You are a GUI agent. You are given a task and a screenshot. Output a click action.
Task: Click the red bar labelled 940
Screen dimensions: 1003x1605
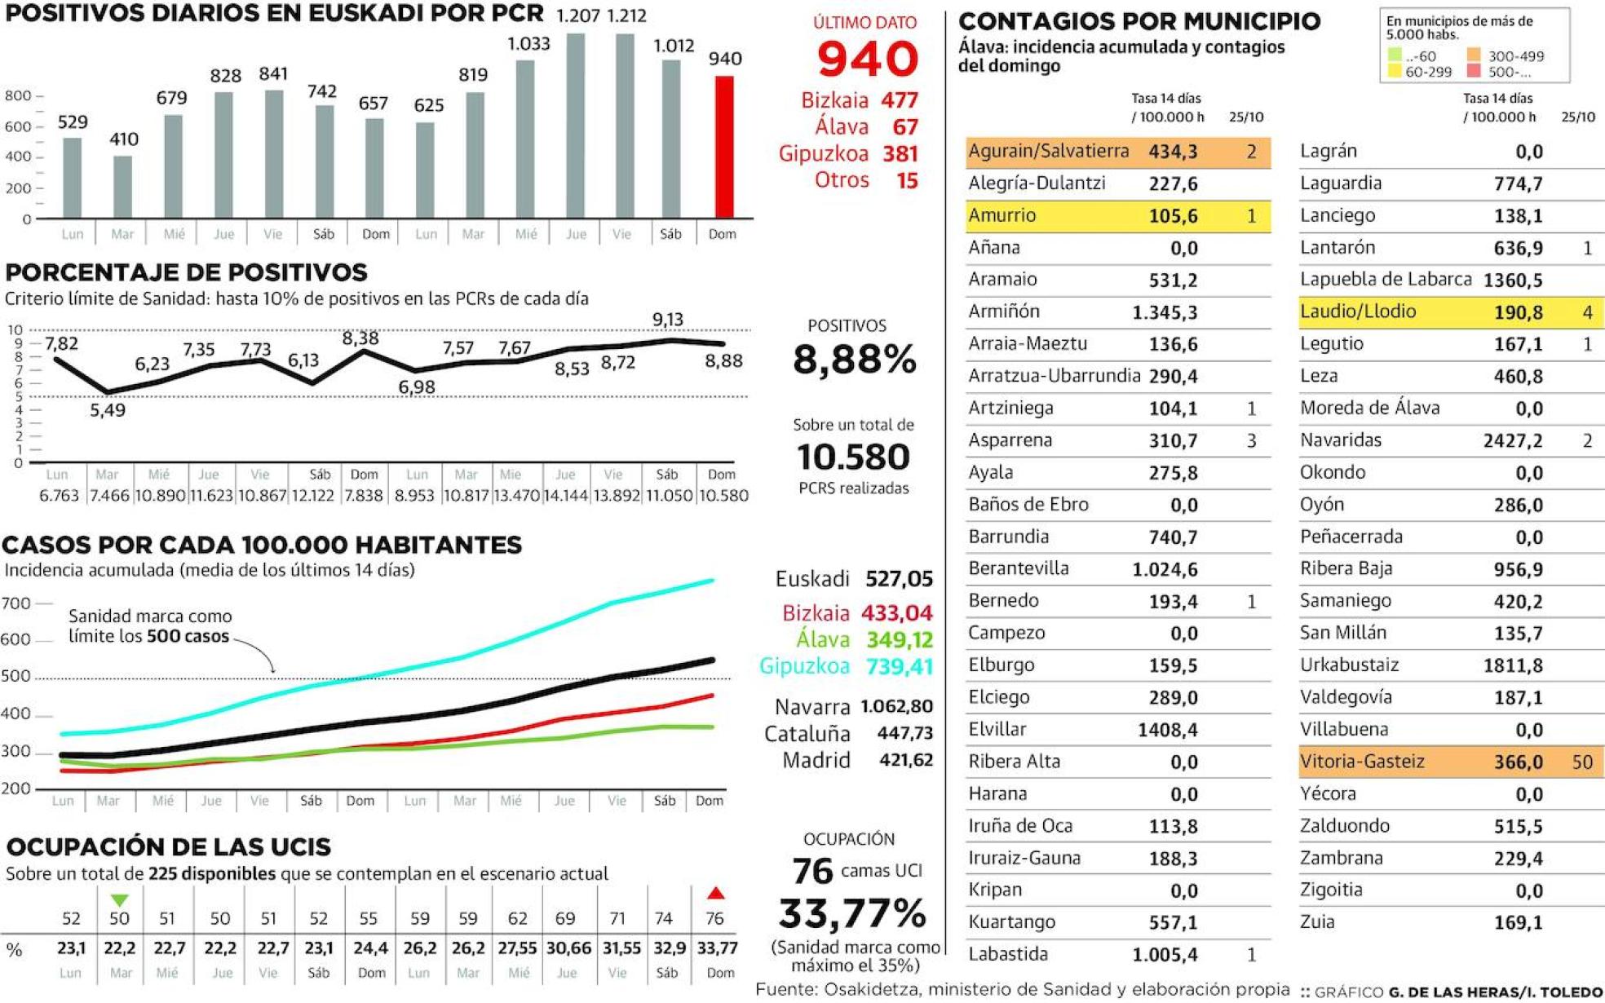tap(723, 147)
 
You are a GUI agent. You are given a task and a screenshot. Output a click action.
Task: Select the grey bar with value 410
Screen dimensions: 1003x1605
tap(123, 186)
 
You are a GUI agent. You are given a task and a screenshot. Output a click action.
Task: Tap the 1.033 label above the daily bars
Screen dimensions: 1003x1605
tap(528, 43)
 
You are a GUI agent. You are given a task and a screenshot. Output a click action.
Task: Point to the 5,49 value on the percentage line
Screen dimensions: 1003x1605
tap(108, 410)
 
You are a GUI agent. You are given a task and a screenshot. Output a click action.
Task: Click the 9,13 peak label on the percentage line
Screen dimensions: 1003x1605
tap(668, 320)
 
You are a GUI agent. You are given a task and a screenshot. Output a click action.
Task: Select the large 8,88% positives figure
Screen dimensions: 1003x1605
tap(854, 359)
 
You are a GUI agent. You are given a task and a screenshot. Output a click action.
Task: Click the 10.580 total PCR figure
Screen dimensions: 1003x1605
tap(853, 457)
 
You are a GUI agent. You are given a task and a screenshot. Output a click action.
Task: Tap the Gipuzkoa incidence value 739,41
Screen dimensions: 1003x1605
tap(899, 666)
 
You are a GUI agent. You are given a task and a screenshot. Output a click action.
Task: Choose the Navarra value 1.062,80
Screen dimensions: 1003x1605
tap(896, 706)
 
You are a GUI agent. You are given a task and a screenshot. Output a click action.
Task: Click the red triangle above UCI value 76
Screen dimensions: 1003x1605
tap(715, 893)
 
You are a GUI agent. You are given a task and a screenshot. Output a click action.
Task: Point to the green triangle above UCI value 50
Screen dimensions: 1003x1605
tap(120, 900)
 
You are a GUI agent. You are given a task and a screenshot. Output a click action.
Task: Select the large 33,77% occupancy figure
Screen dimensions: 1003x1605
tap(852, 913)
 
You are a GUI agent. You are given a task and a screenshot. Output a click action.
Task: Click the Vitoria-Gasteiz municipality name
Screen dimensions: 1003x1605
tap(1362, 761)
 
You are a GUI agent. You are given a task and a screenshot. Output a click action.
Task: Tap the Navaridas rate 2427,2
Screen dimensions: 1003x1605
tap(1512, 440)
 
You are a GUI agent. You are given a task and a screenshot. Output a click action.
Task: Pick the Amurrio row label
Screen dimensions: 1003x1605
tap(1001, 215)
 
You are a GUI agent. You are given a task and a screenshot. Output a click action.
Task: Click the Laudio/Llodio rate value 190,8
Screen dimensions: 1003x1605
tap(1518, 312)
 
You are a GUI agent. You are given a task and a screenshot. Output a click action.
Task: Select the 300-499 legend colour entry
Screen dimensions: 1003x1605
tap(1475, 55)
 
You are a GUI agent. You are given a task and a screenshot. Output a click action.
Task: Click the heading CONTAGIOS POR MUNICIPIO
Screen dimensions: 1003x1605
tap(1139, 21)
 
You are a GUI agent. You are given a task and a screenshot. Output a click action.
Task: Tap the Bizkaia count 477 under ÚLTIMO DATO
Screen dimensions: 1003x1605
tap(900, 100)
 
